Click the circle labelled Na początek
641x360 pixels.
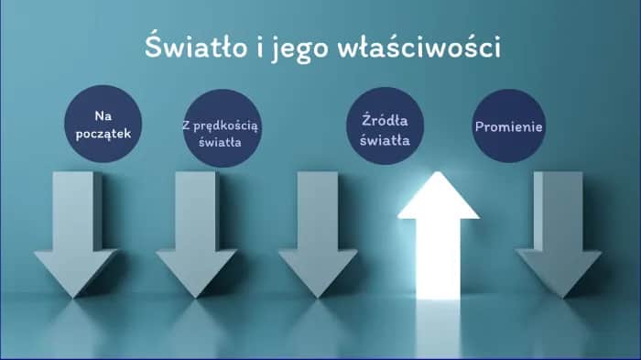point(103,125)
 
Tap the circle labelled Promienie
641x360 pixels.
point(509,125)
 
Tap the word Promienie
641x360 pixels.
point(509,125)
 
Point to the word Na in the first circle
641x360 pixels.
point(103,115)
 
